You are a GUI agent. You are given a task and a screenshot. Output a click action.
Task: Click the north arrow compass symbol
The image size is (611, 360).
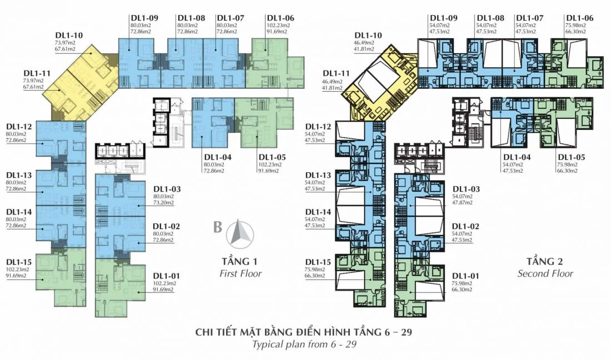239,233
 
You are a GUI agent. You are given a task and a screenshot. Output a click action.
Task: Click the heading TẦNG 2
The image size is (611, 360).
545,261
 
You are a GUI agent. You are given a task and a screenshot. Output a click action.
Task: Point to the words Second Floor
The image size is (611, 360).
545,273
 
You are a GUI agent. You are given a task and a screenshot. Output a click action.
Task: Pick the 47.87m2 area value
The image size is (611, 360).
462,203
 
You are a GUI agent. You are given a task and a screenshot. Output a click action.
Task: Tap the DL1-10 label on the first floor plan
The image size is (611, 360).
70,35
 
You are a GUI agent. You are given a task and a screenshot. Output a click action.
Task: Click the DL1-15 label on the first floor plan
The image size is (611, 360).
18,262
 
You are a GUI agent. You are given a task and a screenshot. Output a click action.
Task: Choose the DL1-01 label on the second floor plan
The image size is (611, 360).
465,276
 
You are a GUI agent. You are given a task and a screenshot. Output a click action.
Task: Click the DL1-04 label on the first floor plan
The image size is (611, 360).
217,157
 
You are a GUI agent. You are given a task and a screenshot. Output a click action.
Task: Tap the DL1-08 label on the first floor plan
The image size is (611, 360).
191,18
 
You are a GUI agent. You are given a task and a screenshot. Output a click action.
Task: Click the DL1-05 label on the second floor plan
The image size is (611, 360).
571,157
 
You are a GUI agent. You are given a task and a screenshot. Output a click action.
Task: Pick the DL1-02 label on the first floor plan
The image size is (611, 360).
167,227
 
